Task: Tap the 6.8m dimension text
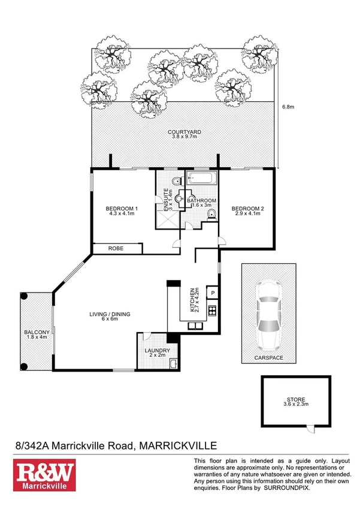click(x=288, y=107)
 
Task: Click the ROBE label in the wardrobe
click(x=116, y=247)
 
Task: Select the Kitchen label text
click(x=194, y=298)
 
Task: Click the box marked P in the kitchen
click(x=211, y=293)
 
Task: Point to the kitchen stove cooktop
click(x=211, y=311)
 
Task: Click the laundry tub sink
click(x=173, y=363)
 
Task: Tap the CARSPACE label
click(x=268, y=358)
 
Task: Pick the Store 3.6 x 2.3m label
click(x=296, y=403)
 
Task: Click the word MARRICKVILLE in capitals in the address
click(x=177, y=445)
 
